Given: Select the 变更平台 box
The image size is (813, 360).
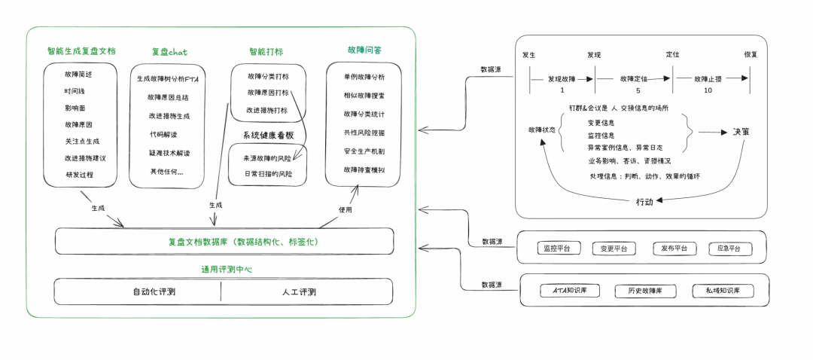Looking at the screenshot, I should point(614,249).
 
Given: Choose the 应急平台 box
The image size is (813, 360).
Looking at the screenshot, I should point(729,249).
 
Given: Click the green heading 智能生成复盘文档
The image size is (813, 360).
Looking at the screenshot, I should point(81,51).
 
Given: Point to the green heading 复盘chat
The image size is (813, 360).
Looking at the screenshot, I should point(169,52).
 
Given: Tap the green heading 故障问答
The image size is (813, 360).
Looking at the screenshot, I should point(364,50).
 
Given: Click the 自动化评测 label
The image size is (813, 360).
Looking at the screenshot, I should point(154,292).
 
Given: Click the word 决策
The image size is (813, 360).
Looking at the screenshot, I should point(741,132).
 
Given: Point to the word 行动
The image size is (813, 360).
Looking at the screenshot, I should point(644,201).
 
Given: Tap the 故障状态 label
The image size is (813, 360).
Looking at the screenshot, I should point(542,130).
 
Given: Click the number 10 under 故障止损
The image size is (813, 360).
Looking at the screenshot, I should point(708,90).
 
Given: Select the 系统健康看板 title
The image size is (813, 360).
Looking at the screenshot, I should point(268,135).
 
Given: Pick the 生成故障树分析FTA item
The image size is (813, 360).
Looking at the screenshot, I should point(172,78).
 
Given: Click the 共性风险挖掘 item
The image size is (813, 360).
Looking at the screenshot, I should point(364,133).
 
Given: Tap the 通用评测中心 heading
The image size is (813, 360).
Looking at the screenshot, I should point(226,269).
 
